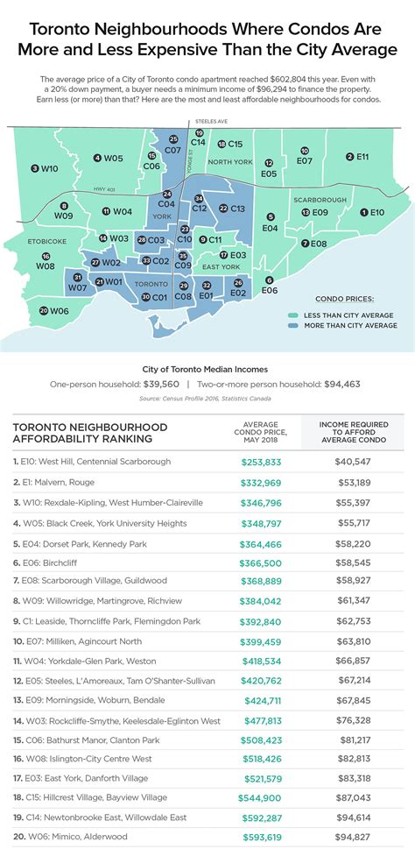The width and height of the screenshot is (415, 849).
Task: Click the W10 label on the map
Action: (46, 167)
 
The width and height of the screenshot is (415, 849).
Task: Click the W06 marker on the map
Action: (54, 310)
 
